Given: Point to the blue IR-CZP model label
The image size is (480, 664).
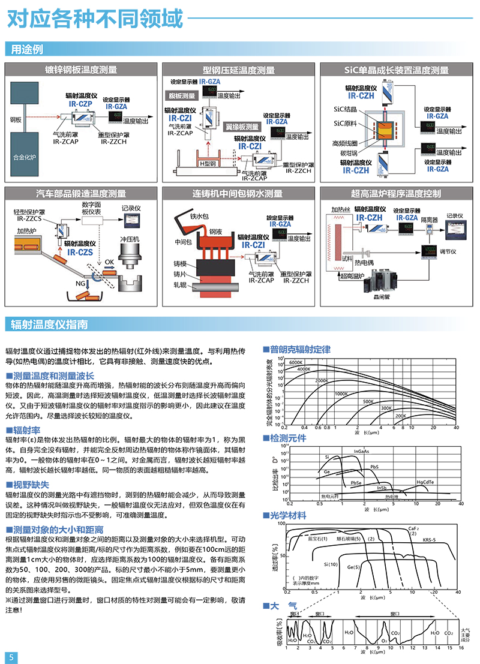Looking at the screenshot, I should point(79,103).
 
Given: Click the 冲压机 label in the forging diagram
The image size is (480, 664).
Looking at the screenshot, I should point(129,239).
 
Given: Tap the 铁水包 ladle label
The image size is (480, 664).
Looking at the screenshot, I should point(199,216).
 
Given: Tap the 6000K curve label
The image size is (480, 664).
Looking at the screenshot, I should point(296,363).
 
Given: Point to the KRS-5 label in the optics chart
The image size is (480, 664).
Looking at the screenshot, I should point(429,540).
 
